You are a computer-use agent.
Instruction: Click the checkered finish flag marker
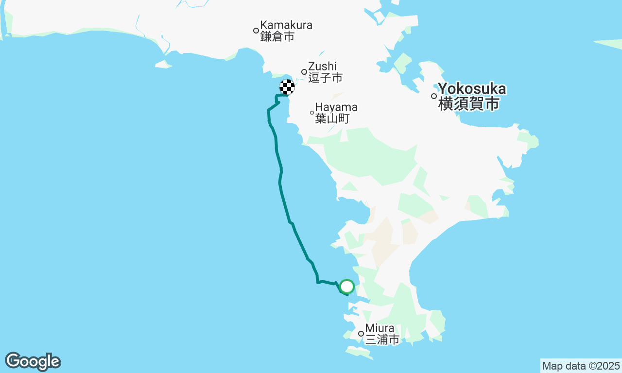(x=287, y=87)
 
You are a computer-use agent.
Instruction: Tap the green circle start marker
(x=346, y=287)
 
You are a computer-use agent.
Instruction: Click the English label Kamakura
(x=286, y=25)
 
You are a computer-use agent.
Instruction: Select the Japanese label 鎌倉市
(x=277, y=36)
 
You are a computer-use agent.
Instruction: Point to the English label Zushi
(x=322, y=66)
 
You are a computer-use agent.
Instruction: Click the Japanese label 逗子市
(x=325, y=78)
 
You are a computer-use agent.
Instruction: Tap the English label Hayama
(x=336, y=107)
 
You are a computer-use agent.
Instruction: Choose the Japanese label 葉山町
(x=332, y=119)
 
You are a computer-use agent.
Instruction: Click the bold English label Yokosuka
(x=472, y=89)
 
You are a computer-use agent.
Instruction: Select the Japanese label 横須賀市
(x=469, y=103)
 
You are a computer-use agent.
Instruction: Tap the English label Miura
(x=380, y=328)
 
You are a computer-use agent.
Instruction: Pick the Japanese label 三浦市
(x=382, y=339)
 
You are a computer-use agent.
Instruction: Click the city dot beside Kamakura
(x=256, y=31)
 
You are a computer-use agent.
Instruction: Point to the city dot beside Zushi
(x=304, y=72)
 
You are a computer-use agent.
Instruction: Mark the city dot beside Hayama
(x=312, y=113)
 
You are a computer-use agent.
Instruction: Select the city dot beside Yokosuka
(x=434, y=96)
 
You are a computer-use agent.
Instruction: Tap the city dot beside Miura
(x=361, y=334)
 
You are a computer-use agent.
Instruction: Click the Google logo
(x=33, y=362)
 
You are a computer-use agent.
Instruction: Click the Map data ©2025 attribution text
(x=581, y=366)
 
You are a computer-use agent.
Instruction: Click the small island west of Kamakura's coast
(x=163, y=64)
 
